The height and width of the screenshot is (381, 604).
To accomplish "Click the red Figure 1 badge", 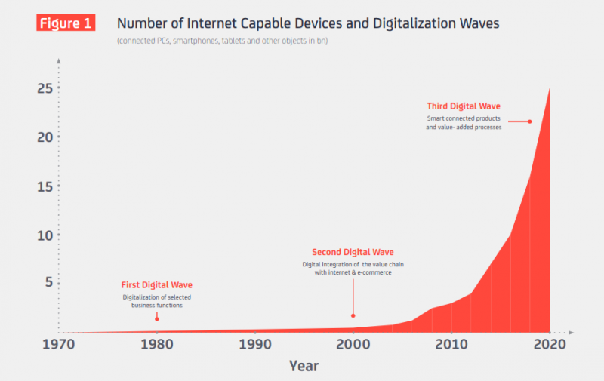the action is [x=66, y=23].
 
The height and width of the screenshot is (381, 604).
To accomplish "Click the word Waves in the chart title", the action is [x=479, y=23].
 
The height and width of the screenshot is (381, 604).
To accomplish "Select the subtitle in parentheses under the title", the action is [x=222, y=41].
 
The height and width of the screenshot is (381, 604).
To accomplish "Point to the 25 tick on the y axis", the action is [x=45, y=88].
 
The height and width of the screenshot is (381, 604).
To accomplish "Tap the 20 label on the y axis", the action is [x=45, y=137].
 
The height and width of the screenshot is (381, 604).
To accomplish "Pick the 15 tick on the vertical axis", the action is [x=45, y=186].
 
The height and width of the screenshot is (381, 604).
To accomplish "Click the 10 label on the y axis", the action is [x=45, y=235].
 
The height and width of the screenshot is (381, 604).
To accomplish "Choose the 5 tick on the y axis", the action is [x=49, y=282].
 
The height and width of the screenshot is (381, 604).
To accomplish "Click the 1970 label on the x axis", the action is [x=59, y=344].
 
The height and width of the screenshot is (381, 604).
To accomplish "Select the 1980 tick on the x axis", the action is [x=157, y=344].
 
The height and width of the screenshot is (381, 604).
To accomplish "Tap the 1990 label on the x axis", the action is [x=255, y=344].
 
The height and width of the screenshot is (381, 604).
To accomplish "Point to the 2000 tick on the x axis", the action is [x=353, y=344].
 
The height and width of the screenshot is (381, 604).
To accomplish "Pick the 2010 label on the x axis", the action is [x=451, y=344].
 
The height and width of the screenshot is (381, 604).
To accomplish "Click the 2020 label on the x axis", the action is [x=550, y=344].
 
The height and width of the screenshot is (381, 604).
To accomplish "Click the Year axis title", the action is [x=304, y=366].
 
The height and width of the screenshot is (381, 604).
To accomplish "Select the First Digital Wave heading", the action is [x=157, y=284].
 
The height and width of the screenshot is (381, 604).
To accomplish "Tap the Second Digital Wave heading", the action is [x=353, y=252].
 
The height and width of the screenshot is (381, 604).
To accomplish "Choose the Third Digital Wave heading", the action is [x=464, y=106].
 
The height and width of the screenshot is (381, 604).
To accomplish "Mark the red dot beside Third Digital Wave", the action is [x=530, y=121].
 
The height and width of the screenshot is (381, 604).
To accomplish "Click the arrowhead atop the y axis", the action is [x=59, y=61].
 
